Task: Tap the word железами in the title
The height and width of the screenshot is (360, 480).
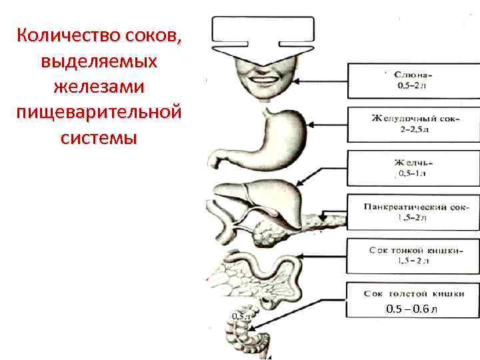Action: pos(99,86)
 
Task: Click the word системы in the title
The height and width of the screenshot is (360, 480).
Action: pos(99,138)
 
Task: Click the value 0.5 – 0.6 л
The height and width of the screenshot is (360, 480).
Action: pos(413,309)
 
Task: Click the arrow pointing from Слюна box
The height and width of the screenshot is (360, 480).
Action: pos(320,81)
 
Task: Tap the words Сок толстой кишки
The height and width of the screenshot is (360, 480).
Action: pos(413,293)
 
